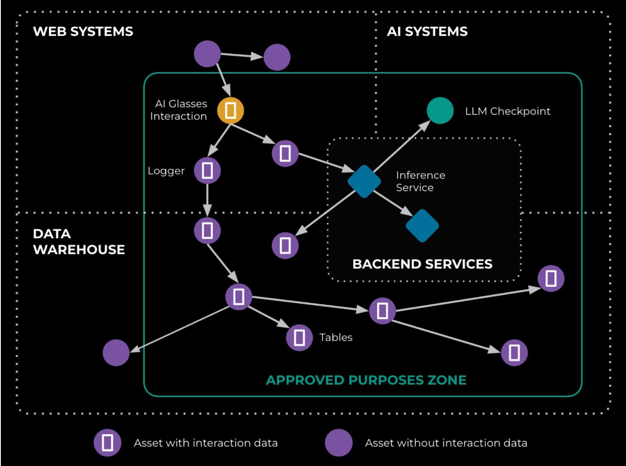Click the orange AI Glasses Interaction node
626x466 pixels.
230,110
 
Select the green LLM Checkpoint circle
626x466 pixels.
440,111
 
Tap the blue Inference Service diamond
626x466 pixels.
364,181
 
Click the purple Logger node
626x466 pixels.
207,170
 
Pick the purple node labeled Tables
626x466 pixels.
299,338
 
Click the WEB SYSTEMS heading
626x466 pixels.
83,32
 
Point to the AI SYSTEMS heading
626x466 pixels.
427,32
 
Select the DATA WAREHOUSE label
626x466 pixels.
79,242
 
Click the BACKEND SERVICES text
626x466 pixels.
422,264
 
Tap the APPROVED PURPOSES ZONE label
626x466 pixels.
366,380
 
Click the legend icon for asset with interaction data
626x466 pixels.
107,443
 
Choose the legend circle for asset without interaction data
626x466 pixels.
339,443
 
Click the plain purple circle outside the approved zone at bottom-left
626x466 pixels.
116,353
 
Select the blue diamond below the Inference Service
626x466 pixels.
422,226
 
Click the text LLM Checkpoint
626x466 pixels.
508,111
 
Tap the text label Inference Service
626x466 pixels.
420,181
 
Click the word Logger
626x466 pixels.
166,171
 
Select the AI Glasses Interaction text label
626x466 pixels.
179,110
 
